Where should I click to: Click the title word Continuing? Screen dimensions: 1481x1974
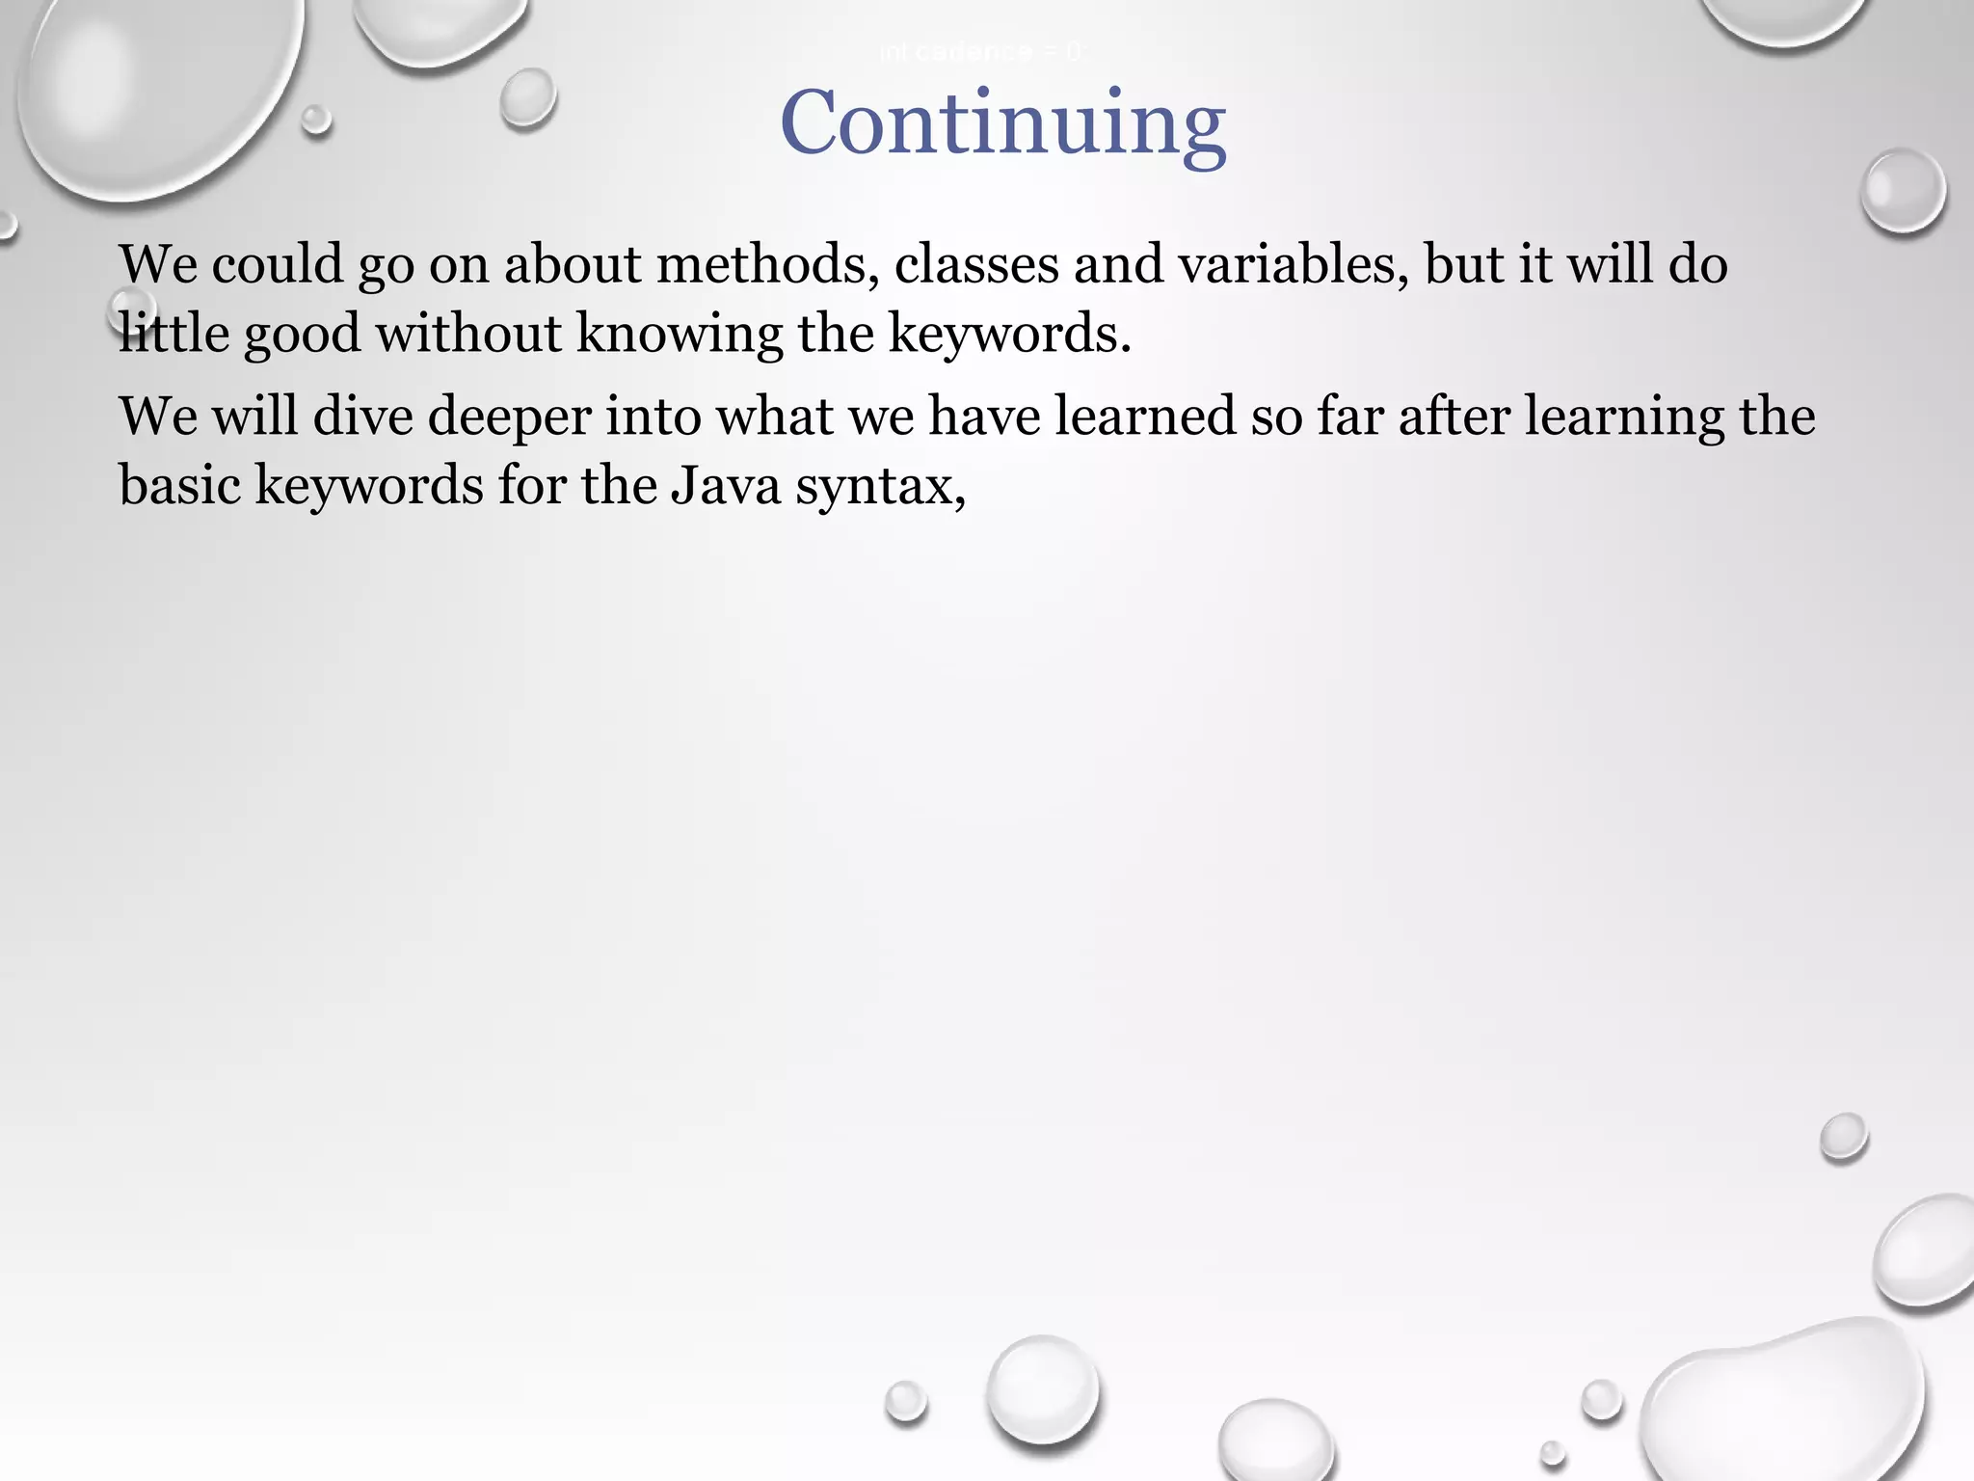point(1002,123)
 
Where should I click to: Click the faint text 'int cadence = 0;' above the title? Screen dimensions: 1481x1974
point(981,52)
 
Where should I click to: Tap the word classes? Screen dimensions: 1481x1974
point(976,264)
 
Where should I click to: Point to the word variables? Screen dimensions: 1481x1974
point(1292,264)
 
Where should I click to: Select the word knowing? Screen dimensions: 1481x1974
point(679,334)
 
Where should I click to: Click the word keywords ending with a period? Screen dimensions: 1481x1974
point(1007,334)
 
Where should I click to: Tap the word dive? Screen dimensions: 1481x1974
point(362,417)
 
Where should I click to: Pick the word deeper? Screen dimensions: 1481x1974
point(509,417)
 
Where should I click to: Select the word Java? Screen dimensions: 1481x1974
point(726,485)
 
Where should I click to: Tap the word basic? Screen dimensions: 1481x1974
point(179,485)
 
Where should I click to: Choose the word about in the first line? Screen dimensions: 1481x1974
point(573,264)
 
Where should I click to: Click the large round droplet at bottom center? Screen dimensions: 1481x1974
point(1043,1388)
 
